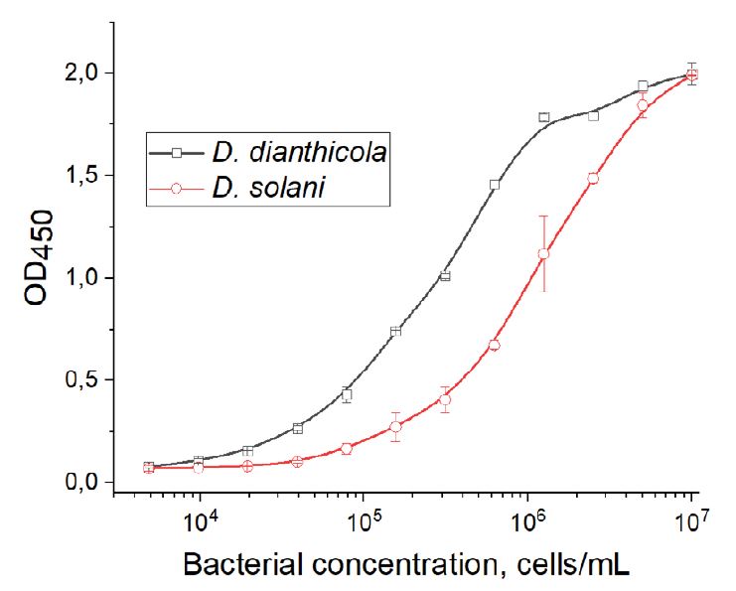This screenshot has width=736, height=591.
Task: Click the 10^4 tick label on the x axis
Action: (x=201, y=517)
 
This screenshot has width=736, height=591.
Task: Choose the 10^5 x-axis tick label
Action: (x=365, y=517)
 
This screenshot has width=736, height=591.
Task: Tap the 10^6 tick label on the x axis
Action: (x=528, y=517)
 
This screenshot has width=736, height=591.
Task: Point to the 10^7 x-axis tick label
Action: (x=691, y=517)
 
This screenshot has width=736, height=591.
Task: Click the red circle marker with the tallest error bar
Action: (x=543, y=253)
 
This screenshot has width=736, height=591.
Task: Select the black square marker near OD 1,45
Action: (x=495, y=185)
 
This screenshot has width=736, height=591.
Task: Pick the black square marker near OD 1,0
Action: (x=445, y=275)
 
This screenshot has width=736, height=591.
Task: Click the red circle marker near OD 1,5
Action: (x=593, y=179)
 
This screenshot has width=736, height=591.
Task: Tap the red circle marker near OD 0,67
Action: (x=495, y=345)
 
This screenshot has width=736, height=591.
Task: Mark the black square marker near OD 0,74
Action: (x=396, y=331)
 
